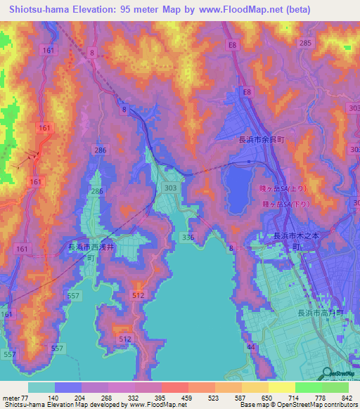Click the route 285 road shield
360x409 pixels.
coord(304,43)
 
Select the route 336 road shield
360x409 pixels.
coord(188,238)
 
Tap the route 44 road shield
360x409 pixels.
coord(251,348)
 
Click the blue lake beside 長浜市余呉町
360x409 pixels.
coord(236,186)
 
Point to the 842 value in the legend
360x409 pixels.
coord(347,397)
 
